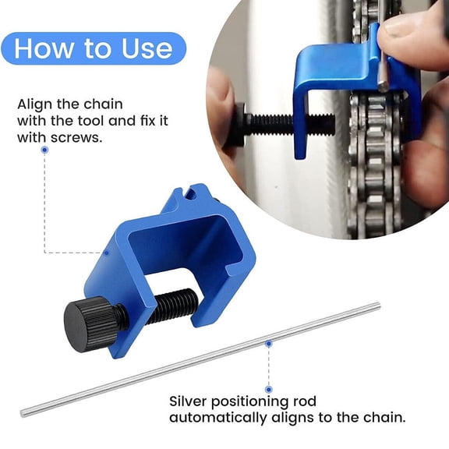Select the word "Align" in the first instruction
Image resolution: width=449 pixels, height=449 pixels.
(x=34, y=104)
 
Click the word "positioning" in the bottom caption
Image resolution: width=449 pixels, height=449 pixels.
(x=262, y=401)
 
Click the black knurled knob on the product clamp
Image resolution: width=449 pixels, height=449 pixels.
(x=87, y=321)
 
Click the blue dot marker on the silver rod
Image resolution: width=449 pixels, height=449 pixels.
(x=268, y=342)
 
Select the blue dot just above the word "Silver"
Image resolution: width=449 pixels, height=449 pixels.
(x=268, y=387)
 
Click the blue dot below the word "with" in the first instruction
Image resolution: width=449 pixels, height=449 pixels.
(x=45, y=150)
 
